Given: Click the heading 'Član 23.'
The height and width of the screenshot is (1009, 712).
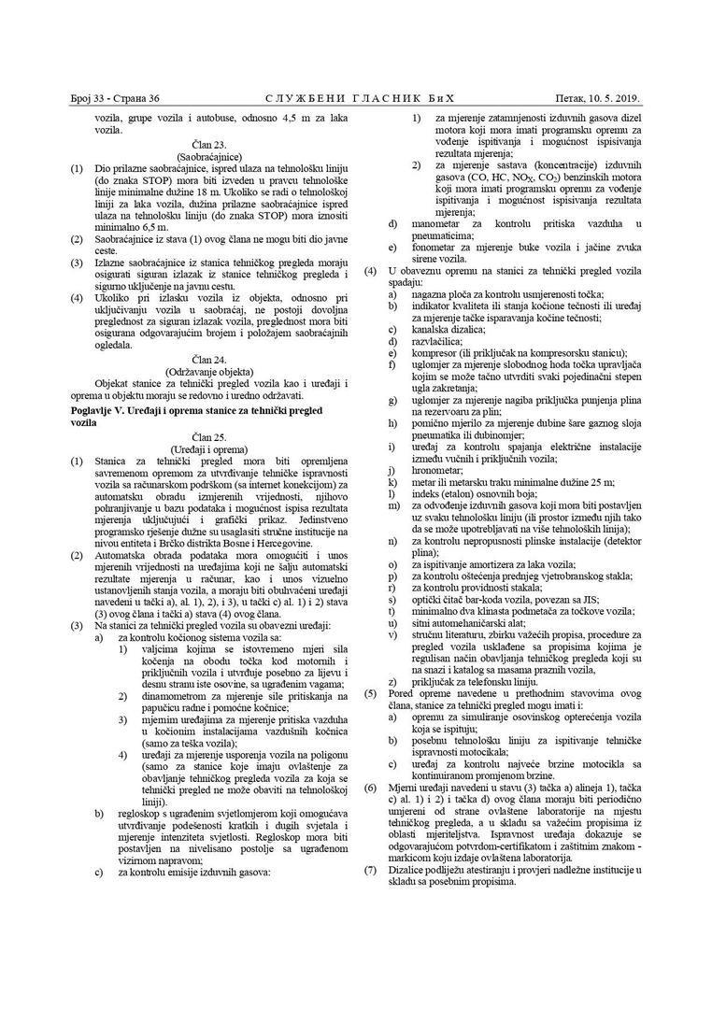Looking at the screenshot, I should [208, 145].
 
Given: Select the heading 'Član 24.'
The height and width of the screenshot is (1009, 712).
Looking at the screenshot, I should [208, 359].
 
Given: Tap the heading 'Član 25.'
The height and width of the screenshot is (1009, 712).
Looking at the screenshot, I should [208, 436].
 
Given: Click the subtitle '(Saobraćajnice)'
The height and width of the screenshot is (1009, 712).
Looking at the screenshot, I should [208, 156].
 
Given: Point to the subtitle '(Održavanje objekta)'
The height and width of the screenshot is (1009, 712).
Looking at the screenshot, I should [208, 370].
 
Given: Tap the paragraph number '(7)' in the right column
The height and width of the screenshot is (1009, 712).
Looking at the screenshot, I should [370, 870].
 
